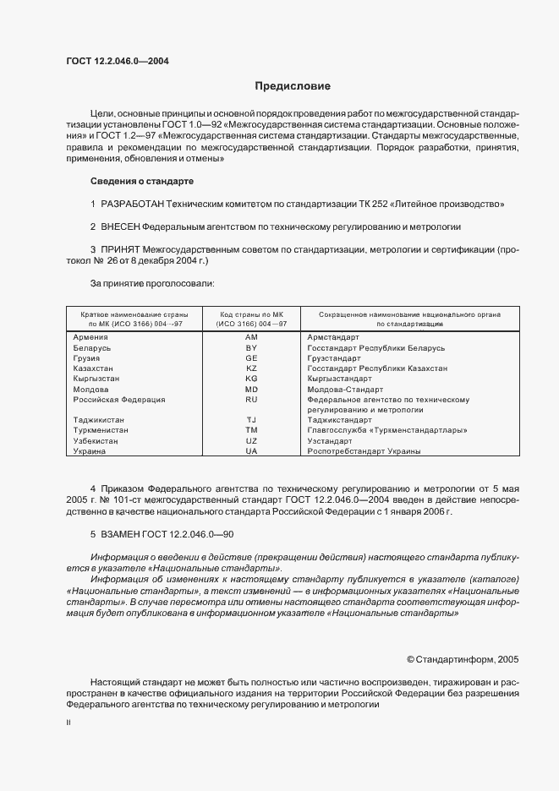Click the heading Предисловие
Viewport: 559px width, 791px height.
point(293,85)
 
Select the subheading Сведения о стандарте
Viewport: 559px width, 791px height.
point(142,181)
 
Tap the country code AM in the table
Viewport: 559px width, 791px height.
point(251,336)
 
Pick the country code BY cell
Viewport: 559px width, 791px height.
point(251,347)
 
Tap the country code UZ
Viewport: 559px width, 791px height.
point(251,441)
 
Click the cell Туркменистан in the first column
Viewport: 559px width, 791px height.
point(101,430)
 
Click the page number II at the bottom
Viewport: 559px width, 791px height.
point(69,723)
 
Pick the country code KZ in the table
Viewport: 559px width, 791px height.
point(251,368)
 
